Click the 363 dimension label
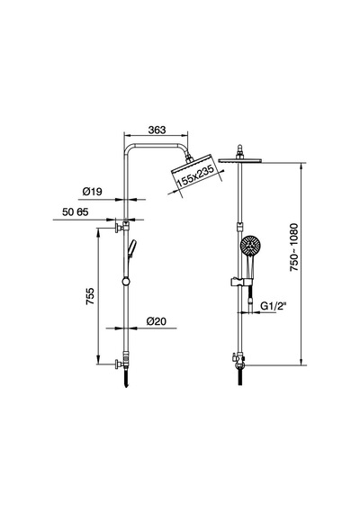pyautogui.click(x=157, y=130)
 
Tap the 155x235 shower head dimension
pyautogui.click(x=195, y=176)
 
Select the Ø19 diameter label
pyautogui.click(x=93, y=192)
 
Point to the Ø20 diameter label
pyautogui.click(x=157, y=321)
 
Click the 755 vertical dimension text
pyautogui.click(x=90, y=296)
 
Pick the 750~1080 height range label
pyautogui.click(x=294, y=247)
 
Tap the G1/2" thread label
pyautogui.click(x=274, y=306)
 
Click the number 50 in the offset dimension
pyautogui.click(x=67, y=212)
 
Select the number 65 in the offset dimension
pyautogui.click(x=83, y=212)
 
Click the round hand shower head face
pyautogui.click(x=250, y=246)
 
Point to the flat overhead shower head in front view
pyautogui.click(x=240, y=160)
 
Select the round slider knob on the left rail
pyautogui.click(x=126, y=281)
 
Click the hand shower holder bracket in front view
pyautogui.click(x=241, y=282)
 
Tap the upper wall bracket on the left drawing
pyautogui.click(x=121, y=227)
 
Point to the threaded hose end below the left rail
pyautogui.click(x=126, y=379)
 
